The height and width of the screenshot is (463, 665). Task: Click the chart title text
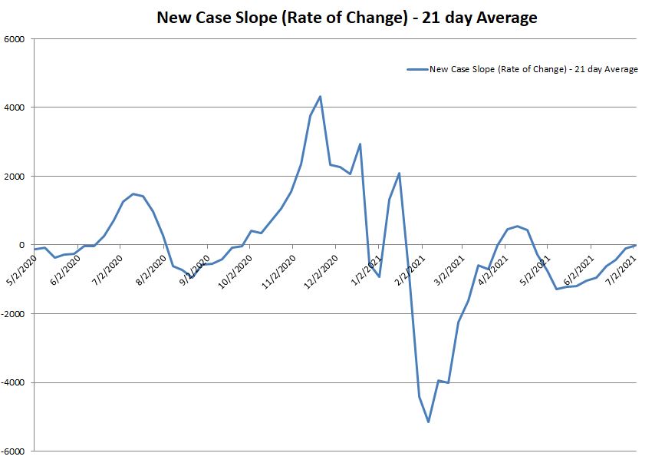pos(347,17)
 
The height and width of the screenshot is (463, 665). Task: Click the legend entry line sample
pos(417,69)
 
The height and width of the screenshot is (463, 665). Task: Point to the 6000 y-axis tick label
pos(15,39)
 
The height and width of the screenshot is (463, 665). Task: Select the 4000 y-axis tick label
pos(15,107)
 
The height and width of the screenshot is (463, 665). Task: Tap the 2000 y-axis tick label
pos(15,177)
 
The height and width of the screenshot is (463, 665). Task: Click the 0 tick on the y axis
pos(22,245)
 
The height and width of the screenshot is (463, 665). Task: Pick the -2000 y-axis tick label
pos(13,314)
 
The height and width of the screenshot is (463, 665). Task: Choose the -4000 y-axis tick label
pos(13,382)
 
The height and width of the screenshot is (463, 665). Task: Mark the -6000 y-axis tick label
pos(13,451)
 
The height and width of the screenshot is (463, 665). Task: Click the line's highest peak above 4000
pos(320,97)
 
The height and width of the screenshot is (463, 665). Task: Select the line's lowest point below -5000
pos(428,422)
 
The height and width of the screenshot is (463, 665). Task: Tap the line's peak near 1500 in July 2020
pos(133,193)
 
